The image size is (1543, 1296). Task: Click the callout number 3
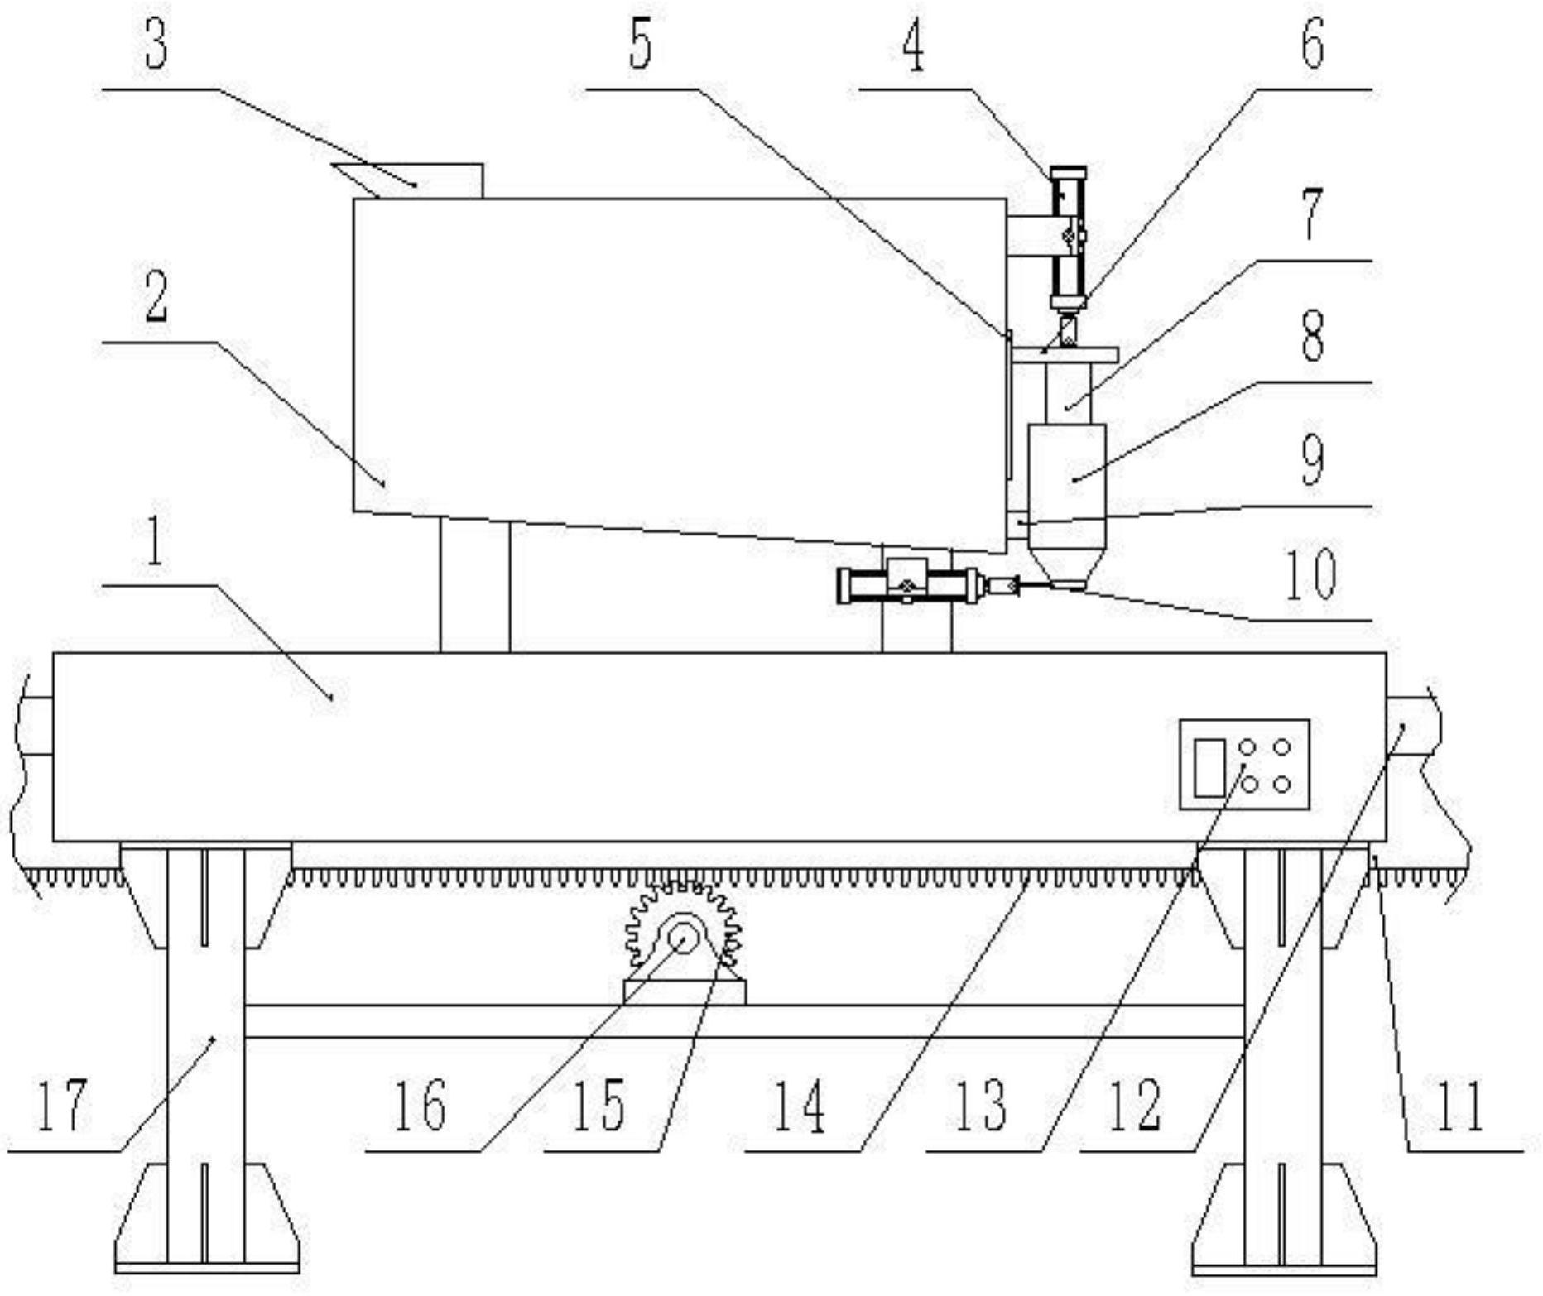pyautogui.click(x=156, y=45)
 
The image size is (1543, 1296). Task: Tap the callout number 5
pyautogui.click(x=640, y=45)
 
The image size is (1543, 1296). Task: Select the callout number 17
pyautogui.click(x=62, y=1105)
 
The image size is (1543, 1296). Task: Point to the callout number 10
pyautogui.click(x=1310, y=574)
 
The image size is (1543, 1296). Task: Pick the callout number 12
pyautogui.click(x=1135, y=1105)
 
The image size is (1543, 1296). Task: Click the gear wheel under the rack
pyautogui.click(x=682, y=925)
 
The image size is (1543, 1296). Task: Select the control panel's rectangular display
pyautogui.click(x=1209, y=767)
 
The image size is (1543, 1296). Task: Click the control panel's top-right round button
pyautogui.click(x=1281, y=748)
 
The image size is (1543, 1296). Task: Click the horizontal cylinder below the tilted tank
pyautogui.click(x=911, y=584)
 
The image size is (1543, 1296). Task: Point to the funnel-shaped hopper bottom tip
pyautogui.click(x=1067, y=585)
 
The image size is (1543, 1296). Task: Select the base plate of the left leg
pyautogui.click(x=207, y=1267)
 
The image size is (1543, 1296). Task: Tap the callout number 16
pyautogui.click(x=420, y=1105)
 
